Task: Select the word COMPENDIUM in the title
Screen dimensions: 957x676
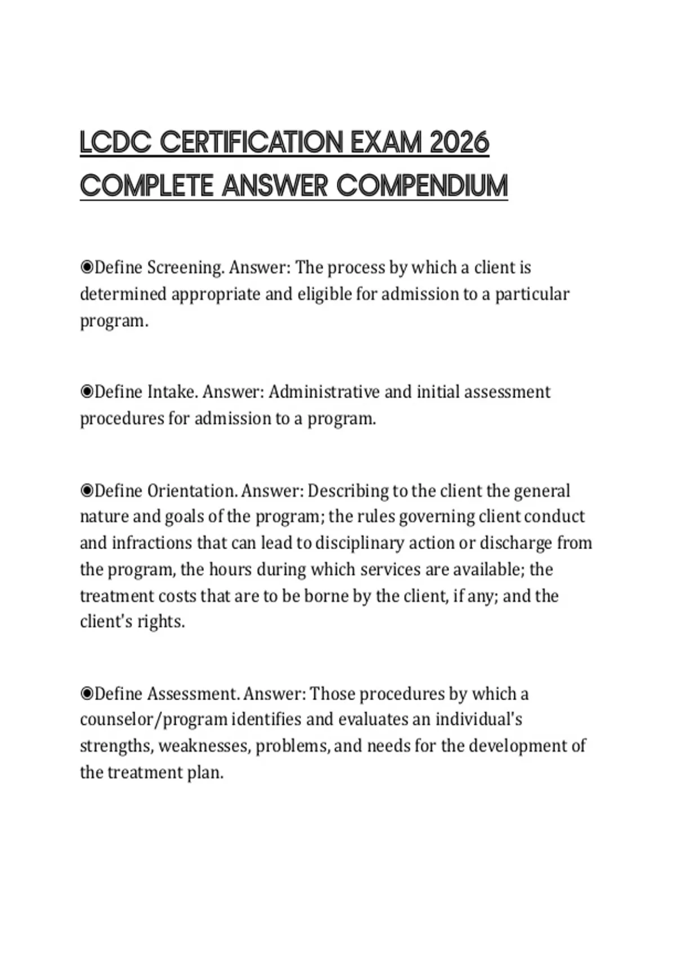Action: click(422, 186)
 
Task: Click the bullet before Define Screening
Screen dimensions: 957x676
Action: click(87, 267)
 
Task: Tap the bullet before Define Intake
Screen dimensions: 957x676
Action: click(87, 392)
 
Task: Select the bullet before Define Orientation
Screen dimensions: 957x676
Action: click(87, 491)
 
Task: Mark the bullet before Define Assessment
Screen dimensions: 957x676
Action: click(87, 694)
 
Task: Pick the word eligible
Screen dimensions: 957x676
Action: click(325, 294)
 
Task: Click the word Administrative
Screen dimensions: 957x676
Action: click(324, 392)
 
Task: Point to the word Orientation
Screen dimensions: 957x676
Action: click(192, 491)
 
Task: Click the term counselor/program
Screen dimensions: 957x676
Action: click(154, 720)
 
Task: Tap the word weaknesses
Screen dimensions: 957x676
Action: click(204, 746)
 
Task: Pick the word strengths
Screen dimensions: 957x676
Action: click(116, 746)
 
